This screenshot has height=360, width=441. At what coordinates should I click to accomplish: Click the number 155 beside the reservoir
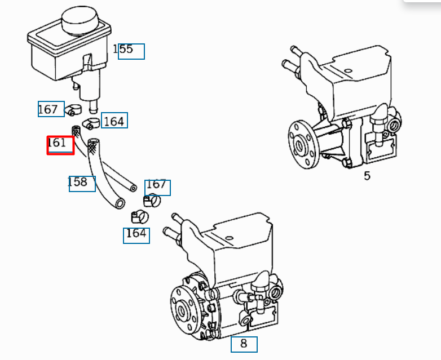point(122,49)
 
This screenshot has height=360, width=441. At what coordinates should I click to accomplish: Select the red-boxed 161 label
point(57,143)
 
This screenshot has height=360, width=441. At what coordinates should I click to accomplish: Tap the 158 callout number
point(77,182)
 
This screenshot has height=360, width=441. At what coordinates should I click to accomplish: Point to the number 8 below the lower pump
point(244,344)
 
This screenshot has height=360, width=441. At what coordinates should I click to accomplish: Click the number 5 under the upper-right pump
point(367,176)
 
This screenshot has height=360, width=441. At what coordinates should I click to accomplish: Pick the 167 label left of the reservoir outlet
point(47,109)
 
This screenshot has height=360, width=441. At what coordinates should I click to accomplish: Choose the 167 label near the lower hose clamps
point(156,184)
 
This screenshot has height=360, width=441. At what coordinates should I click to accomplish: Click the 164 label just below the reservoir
point(114,122)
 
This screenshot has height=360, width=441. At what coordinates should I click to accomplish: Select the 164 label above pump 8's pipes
point(136,233)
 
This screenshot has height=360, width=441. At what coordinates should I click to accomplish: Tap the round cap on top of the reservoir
point(80,20)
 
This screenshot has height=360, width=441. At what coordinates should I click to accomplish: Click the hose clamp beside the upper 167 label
point(73,110)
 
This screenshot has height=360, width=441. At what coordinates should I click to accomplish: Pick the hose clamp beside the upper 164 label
point(91,123)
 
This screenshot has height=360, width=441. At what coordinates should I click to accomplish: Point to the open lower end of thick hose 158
point(120,203)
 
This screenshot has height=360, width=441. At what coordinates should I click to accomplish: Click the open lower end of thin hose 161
point(133,188)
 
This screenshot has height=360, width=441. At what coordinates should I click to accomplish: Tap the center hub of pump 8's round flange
point(181,310)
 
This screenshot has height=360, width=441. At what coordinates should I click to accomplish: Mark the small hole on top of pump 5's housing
point(348,71)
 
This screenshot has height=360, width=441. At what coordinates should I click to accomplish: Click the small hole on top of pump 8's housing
point(230,238)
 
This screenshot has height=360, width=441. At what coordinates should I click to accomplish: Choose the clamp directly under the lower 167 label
point(152,201)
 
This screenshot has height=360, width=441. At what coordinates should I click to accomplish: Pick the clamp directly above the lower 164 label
point(140,217)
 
